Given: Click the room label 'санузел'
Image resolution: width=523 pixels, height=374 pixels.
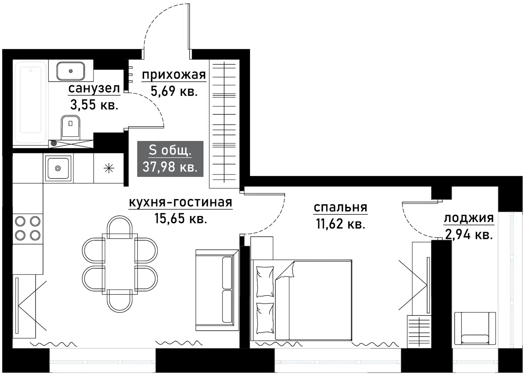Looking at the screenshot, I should (x=94, y=89).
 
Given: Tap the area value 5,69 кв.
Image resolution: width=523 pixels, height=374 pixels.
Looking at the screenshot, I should (x=174, y=91).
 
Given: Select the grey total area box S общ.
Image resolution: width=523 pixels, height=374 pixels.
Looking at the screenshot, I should (x=170, y=159).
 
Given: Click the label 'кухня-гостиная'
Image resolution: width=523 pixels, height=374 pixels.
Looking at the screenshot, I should (x=180, y=202).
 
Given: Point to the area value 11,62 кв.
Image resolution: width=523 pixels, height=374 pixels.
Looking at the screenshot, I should (x=340, y=224).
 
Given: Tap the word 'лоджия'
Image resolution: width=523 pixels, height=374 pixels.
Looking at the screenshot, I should (x=469, y=218).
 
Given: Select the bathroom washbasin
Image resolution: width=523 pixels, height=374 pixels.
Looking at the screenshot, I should (x=71, y=71).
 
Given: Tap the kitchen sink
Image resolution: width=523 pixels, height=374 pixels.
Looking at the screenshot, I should (x=58, y=168).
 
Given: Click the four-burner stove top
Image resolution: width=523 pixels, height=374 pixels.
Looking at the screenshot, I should (x=28, y=228).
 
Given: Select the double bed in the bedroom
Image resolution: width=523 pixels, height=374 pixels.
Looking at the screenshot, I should (x=301, y=300).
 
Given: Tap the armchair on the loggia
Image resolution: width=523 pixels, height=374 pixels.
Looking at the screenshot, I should (x=475, y=328).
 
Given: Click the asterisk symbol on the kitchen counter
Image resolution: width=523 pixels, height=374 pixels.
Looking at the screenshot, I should (x=109, y=169).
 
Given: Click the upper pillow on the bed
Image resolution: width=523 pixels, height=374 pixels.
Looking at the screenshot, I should (x=265, y=282).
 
